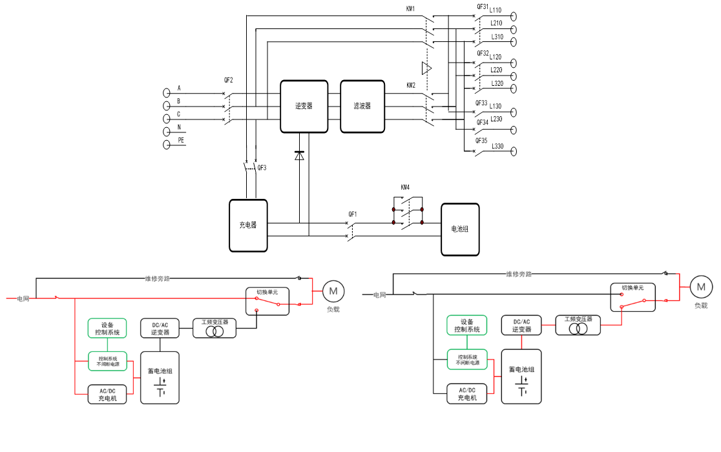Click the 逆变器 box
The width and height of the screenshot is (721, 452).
coord(304,107)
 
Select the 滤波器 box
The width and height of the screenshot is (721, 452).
coord(362,107)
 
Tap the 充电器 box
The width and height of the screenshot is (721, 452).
coord(248,225)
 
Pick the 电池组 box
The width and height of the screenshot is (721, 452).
coord(460,229)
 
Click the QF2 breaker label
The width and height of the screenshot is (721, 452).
coord(229,81)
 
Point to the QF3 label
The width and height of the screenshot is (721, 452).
coord(262,168)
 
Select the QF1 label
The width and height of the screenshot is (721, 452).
coord(353,214)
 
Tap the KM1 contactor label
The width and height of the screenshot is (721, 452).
coord(411,10)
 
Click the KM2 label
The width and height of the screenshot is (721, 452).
coord(411,85)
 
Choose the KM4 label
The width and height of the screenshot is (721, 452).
coord(405,188)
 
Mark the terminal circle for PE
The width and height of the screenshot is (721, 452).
coord(166,145)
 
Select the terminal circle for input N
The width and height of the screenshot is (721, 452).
coord(166,132)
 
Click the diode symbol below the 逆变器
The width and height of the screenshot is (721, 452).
coord(298,156)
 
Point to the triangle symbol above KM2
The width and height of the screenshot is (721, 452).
coord(426,68)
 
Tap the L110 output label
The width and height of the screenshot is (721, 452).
coord(496,10)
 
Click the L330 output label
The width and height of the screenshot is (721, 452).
coord(497,147)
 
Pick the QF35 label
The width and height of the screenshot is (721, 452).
coord(482,140)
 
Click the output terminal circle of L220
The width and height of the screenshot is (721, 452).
coord(514,76)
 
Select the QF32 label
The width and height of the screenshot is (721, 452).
coord(482,53)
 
